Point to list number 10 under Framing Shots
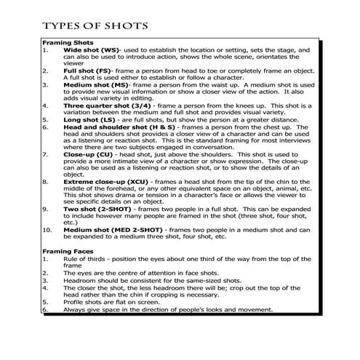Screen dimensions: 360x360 pos(48,229)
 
